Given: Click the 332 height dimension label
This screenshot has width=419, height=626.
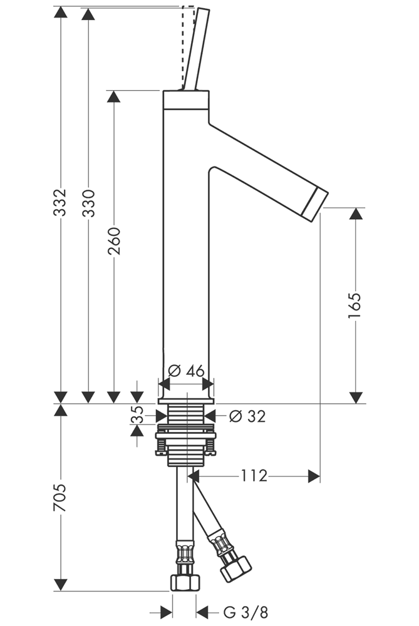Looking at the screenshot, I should (x=61, y=202).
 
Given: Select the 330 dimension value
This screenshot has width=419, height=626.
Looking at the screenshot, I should (x=88, y=202).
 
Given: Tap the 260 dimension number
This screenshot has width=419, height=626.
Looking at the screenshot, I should (x=114, y=241).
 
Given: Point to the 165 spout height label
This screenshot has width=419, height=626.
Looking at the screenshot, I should (x=355, y=305).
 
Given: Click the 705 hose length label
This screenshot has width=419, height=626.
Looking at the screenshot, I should (x=61, y=497).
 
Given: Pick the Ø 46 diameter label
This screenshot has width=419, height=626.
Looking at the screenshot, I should (x=187, y=371).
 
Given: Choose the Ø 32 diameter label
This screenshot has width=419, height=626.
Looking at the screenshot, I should (x=247, y=416).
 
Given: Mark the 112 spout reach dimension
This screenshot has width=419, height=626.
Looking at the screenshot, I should (x=254, y=476).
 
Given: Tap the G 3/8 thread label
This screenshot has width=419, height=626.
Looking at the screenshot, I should (x=241, y=612).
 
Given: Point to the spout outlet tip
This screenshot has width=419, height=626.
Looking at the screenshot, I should (x=316, y=201).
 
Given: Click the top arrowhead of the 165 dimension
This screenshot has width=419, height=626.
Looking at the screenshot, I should (x=356, y=214).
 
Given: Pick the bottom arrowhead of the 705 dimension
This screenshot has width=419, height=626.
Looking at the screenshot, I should (x=61, y=585).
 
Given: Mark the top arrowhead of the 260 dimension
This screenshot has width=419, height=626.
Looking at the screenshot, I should (x=113, y=96).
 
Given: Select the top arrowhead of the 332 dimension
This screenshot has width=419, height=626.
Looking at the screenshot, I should (x=61, y=12).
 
